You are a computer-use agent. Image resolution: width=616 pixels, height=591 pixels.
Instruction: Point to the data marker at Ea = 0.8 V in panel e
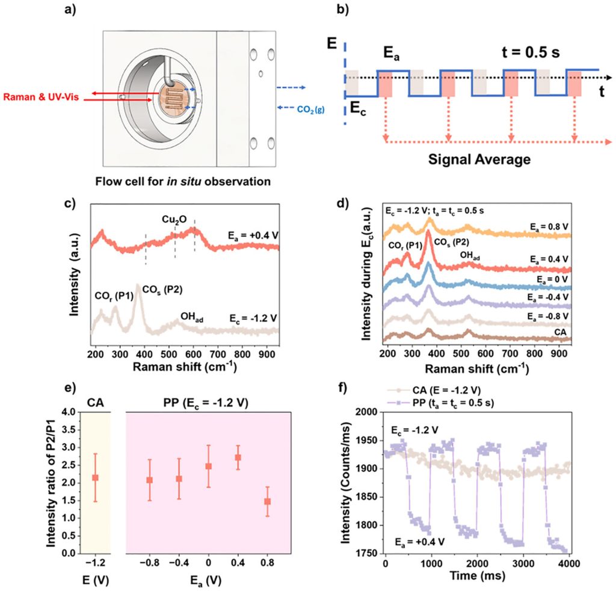tap(267, 501)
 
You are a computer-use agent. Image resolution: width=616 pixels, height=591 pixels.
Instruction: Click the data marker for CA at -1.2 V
tap(95, 477)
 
